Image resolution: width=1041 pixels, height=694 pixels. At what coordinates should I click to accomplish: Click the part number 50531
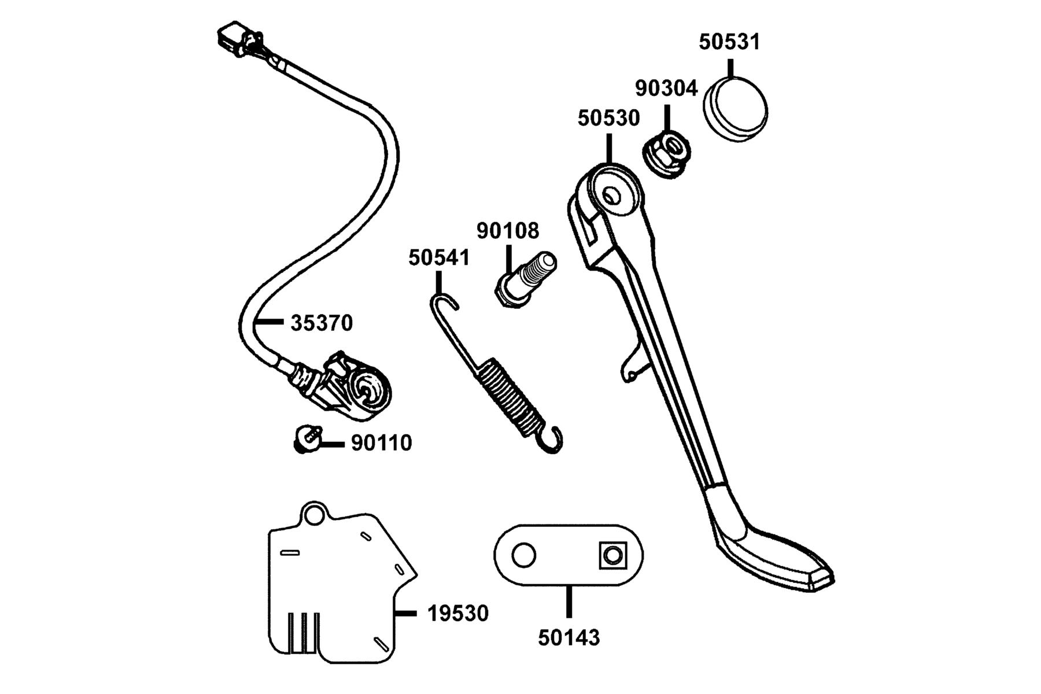pyautogui.click(x=729, y=42)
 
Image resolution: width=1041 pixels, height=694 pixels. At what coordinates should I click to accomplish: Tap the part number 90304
pyautogui.click(x=666, y=88)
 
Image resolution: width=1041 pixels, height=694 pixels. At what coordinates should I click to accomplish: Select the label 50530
pyautogui.click(x=609, y=118)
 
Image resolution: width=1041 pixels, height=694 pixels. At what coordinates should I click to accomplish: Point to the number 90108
pyautogui.click(x=508, y=230)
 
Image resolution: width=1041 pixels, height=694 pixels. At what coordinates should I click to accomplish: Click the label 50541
pyautogui.click(x=440, y=257)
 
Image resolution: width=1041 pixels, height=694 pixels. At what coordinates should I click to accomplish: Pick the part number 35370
pyautogui.click(x=322, y=323)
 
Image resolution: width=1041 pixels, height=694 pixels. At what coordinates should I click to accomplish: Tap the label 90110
pyautogui.click(x=382, y=443)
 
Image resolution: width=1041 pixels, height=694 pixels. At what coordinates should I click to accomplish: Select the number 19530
pyautogui.click(x=458, y=613)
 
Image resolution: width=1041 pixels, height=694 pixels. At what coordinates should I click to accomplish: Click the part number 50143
pyautogui.click(x=569, y=637)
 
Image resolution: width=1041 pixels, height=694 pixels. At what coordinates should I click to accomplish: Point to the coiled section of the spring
pyautogui.click(x=510, y=396)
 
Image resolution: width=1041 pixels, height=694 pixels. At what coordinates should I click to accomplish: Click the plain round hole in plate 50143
pyautogui.click(x=523, y=556)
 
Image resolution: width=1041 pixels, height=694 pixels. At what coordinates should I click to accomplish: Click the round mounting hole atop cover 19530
pyautogui.click(x=314, y=514)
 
